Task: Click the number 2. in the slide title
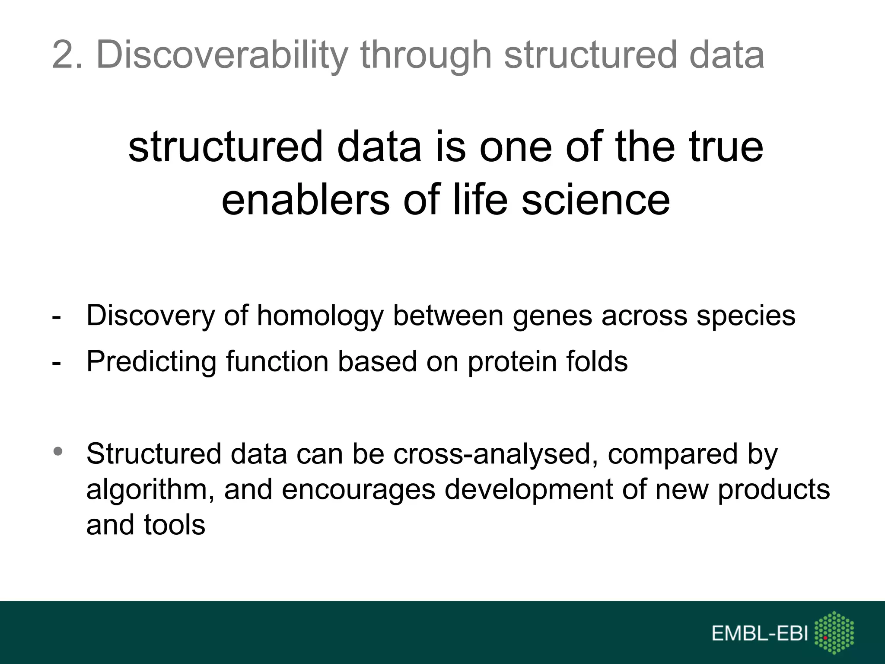pos(67,55)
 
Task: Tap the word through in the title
pos(426,55)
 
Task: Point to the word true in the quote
pos(726,147)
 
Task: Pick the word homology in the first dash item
pos(320,316)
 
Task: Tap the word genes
pos(552,316)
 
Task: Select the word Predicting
pos(151,361)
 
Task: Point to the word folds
pos(597,361)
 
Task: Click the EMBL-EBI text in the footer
pos(760,634)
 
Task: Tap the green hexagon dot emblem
pos(834,633)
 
